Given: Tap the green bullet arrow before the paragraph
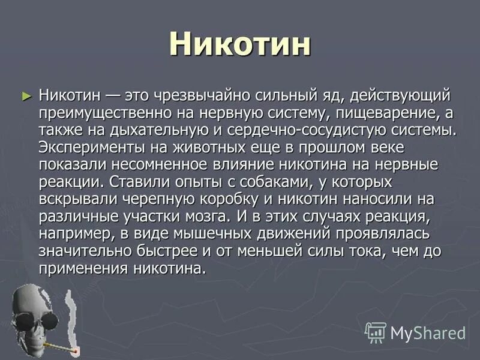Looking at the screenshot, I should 25,95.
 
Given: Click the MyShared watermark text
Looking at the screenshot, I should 428,332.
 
